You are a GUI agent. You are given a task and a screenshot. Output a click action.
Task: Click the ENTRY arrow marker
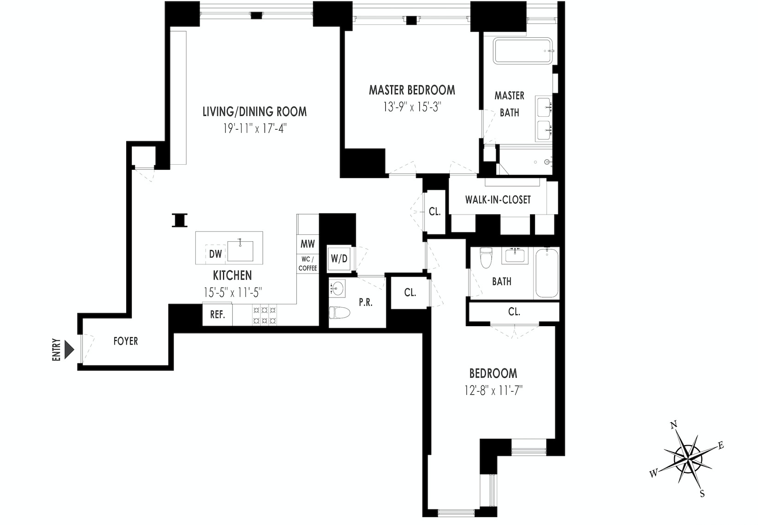pos(69,349)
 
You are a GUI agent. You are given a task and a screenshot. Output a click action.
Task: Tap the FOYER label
pos(125,341)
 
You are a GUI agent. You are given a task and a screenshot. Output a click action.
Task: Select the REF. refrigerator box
pos(217,315)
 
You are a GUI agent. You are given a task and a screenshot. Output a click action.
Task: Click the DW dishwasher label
pos(216,254)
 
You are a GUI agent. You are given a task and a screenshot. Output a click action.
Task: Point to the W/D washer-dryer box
pos(339,259)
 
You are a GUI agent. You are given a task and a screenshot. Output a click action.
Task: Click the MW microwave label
pos(307,244)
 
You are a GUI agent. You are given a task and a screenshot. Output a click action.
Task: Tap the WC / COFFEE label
pos(307,264)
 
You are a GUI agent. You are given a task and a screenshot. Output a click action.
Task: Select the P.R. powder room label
pos(365,303)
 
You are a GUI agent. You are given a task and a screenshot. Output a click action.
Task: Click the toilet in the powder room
pos(340,314)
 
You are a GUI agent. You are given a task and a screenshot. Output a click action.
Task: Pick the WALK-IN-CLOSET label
pos(498,200)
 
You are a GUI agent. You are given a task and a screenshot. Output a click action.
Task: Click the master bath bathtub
pos(523,51)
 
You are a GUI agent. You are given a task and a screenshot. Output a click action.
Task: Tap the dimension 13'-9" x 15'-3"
pos(412,107)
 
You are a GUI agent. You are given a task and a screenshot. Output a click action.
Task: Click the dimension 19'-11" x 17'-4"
pos(255,128)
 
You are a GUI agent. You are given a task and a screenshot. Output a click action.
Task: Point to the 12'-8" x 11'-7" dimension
pos(493,391)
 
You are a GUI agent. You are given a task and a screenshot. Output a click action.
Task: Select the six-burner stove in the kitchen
pos(264,315)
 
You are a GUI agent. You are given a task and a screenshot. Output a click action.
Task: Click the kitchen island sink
pos(240,251)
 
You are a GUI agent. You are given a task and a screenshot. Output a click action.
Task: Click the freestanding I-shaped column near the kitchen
pos(179,220)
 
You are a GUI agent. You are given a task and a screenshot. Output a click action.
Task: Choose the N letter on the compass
pos(673,425)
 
